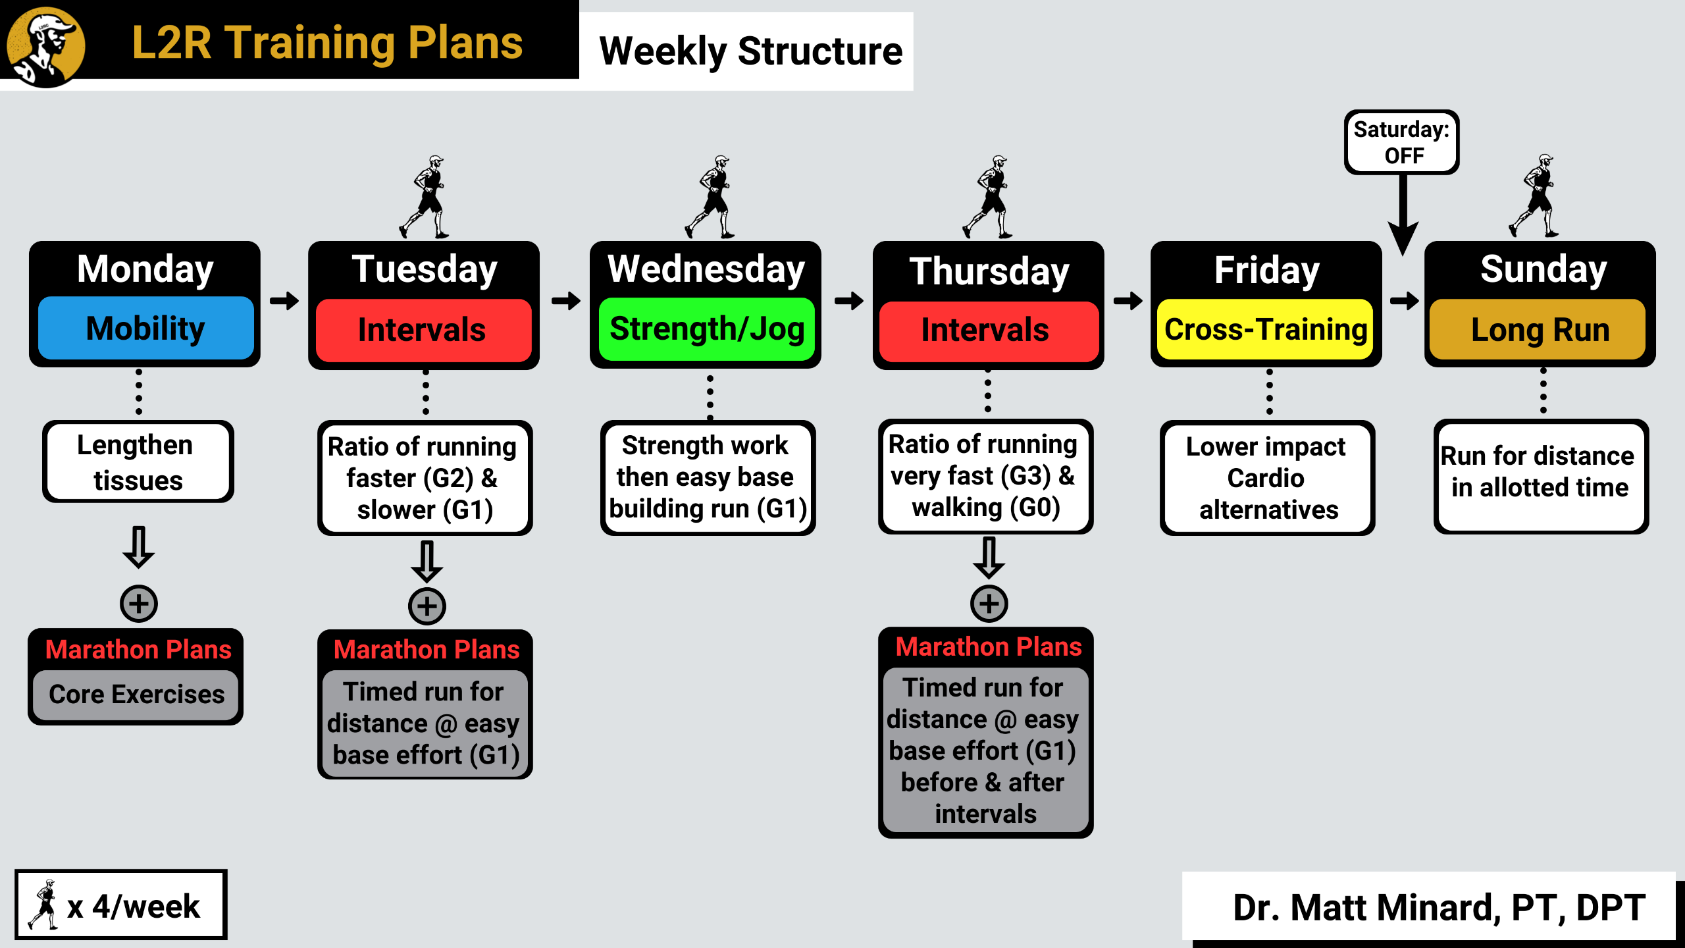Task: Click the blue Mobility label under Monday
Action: tap(145, 328)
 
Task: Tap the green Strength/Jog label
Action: tap(707, 329)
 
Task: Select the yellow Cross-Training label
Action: tap(1265, 329)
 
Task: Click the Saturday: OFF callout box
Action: tap(1401, 142)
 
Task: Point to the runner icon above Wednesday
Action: tap(711, 197)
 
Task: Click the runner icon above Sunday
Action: tap(1535, 196)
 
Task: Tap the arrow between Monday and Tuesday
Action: tap(284, 301)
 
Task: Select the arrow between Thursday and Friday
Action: tap(1128, 301)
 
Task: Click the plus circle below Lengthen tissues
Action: tap(139, 603)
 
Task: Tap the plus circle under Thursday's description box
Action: tap(989, 603)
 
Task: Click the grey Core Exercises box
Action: tap(136, 695)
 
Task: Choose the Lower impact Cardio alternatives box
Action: tap(1268, 478)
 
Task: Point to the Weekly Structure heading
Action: tap(750, 51)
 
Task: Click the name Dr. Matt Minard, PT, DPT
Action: tap(1439, 907)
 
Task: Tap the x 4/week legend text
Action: tap(133, 907)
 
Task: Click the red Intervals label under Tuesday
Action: tap(423, 330)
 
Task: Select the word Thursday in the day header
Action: tap(989, 271)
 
